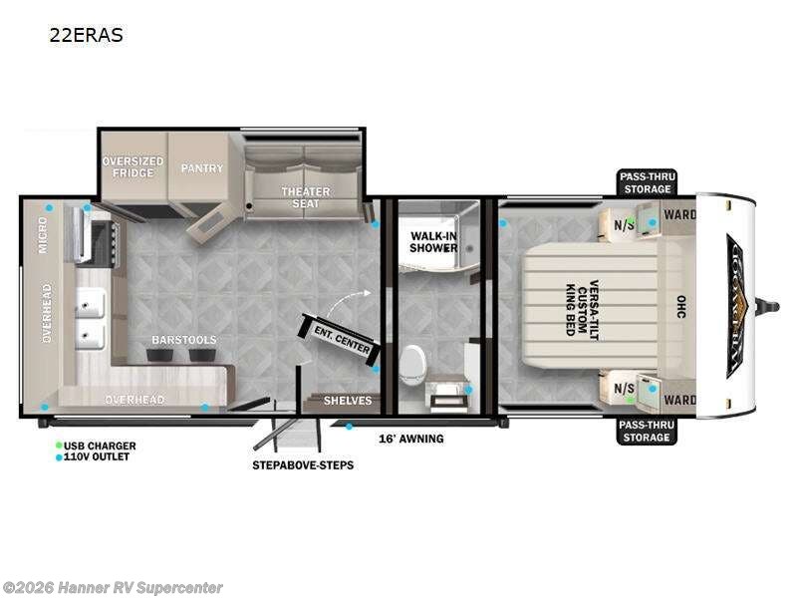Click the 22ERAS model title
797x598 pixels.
tap(86, 35)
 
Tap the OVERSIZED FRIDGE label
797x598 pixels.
tap(133, 167)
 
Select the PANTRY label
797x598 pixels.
tap(202, 168)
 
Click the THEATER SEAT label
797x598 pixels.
tap(299, 197)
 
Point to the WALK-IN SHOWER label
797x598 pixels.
tap(433, 242)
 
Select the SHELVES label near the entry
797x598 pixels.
tap(348, 401)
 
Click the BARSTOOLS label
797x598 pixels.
tap(183, 340)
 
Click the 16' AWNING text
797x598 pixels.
tap(411, 439)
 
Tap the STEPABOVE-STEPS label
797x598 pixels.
tap(301, 464)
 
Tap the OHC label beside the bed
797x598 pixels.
tap(680, 306)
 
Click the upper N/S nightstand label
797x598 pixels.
tap(624, 224)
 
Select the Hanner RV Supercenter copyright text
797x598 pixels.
tap(113, 588)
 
